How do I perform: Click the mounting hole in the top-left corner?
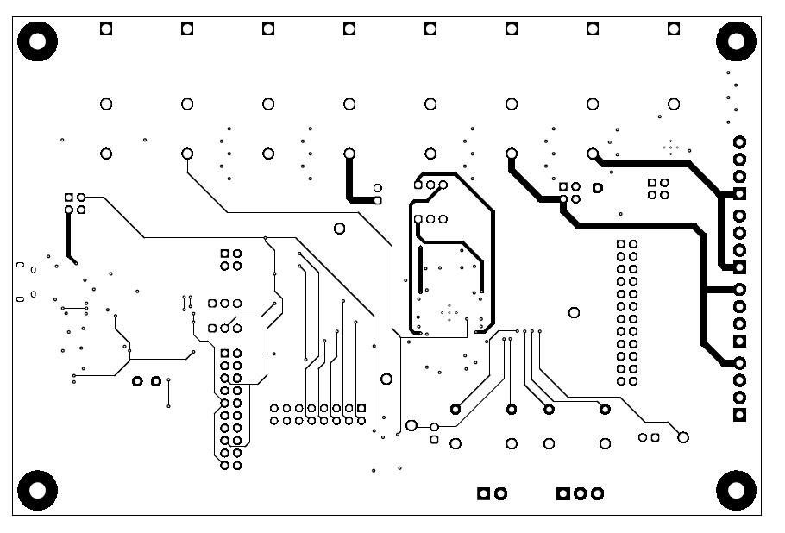point(37,41)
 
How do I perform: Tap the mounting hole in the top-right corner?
point(736,41)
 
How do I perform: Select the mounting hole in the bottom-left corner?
point(37,490)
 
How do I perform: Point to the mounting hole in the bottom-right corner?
point(736,490)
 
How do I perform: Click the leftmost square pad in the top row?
point(106,29)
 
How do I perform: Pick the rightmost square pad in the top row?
point(674,29)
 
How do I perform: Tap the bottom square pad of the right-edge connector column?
point(739,416)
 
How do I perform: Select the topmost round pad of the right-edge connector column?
point(739,142)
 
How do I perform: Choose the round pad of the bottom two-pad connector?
point(500,493)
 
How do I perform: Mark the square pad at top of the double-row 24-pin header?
point(621,245)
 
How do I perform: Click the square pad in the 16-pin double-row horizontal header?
point(361,408)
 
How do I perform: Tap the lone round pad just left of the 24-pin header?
point(574,312)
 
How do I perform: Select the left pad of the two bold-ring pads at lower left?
point(137,381)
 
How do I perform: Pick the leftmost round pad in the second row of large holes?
point(106,104)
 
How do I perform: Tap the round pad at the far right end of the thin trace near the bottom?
point(683,437)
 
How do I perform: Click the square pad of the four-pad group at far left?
point(69,198)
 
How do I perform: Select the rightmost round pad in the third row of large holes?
point(593,154)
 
